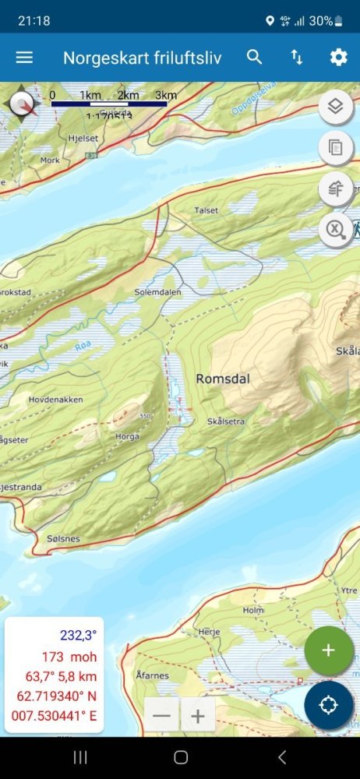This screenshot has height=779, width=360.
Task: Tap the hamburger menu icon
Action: [24, 58]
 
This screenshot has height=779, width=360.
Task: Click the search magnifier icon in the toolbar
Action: [255, 57]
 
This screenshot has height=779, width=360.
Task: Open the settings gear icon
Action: [338, 57]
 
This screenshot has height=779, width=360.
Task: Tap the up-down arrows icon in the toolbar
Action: [297, 57]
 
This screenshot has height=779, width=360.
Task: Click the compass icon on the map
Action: [23, 104]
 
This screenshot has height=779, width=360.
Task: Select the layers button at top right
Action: [336, 107]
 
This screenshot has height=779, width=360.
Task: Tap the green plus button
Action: [328, 650]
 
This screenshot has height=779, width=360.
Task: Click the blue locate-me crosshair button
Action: [328, 705]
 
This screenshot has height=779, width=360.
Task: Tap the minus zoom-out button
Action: [162, 716]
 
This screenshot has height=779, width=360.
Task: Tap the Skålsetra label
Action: [227, 421]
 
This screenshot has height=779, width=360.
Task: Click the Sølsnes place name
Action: [63, 538]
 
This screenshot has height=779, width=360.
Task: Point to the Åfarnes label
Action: [152, 675]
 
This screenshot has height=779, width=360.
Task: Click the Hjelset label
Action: [83, 138]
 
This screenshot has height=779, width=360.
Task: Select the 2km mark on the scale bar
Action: [128, 96]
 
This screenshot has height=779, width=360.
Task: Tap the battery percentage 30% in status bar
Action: [320, 21]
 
